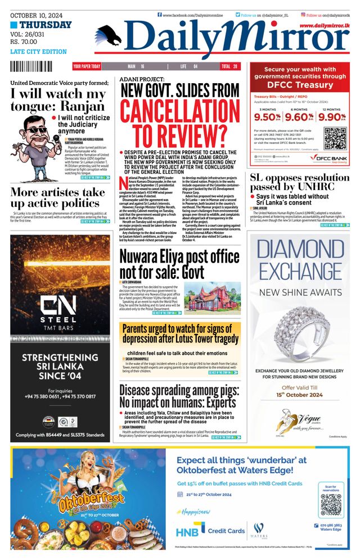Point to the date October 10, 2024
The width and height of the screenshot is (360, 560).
(35, 15)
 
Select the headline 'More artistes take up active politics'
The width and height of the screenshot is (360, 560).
(57, 198)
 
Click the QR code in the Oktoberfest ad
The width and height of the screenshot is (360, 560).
(331, 505)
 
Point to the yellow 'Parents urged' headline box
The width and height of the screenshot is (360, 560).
(179, 333)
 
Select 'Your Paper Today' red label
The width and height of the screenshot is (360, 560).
(87, 66)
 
